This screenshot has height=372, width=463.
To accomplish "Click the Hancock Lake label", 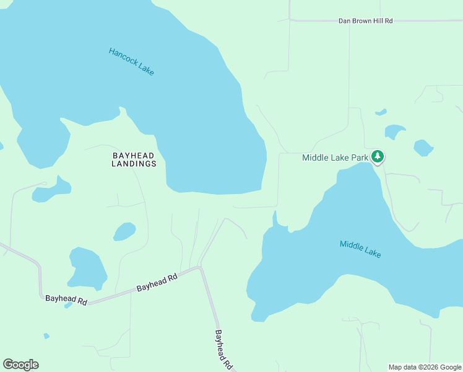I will tap(131, 61).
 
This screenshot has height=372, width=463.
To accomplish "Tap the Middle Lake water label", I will tap(360, 249).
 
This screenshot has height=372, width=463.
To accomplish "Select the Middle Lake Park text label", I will tap(335, 157).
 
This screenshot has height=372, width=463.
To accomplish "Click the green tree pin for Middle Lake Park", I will tap(378, 157).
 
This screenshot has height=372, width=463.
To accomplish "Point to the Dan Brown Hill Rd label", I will tap(365, 21).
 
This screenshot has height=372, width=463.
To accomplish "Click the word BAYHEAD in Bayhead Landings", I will tap(134, 155).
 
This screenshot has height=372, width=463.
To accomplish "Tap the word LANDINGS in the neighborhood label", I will tap(134, 164).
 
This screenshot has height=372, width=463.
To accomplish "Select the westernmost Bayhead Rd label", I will tap(66, 299).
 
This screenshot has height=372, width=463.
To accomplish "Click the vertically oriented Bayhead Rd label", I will tap(223, 349).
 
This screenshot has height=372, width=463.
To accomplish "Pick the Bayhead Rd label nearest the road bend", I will tap(157, 283).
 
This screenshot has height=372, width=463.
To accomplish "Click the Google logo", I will tap(20, 365).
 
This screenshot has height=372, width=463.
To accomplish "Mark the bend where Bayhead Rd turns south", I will tap(199, 268).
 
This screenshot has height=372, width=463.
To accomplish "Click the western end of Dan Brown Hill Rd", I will tap(291, 20).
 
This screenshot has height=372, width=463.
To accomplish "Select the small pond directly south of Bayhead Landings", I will tap(124, 232).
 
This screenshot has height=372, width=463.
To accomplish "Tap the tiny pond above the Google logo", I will tap(46, 336).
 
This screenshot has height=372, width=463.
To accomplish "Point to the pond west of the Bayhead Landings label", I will tap(52, 190).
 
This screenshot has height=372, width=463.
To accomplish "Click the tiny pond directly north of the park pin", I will tap(381, 113).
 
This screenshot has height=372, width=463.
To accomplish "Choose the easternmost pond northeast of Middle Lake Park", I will tap(423, 148).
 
